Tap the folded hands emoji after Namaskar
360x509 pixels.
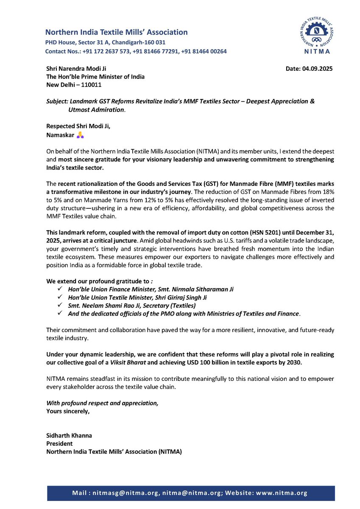[x=79, y=135]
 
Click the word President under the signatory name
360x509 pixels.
[x=59, y=444]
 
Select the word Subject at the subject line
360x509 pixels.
[x=57, y=102]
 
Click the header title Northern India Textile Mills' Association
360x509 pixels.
[x=116, y=32]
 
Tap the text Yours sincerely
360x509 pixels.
[x=68, y=411]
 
